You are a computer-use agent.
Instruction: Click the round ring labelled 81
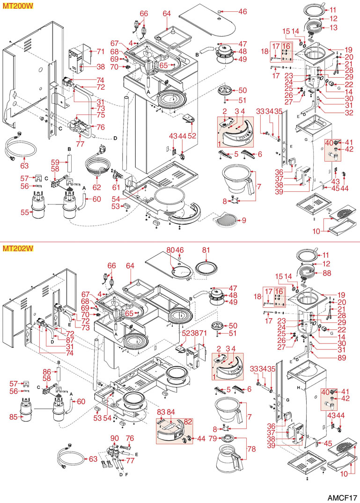coord(206,268)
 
